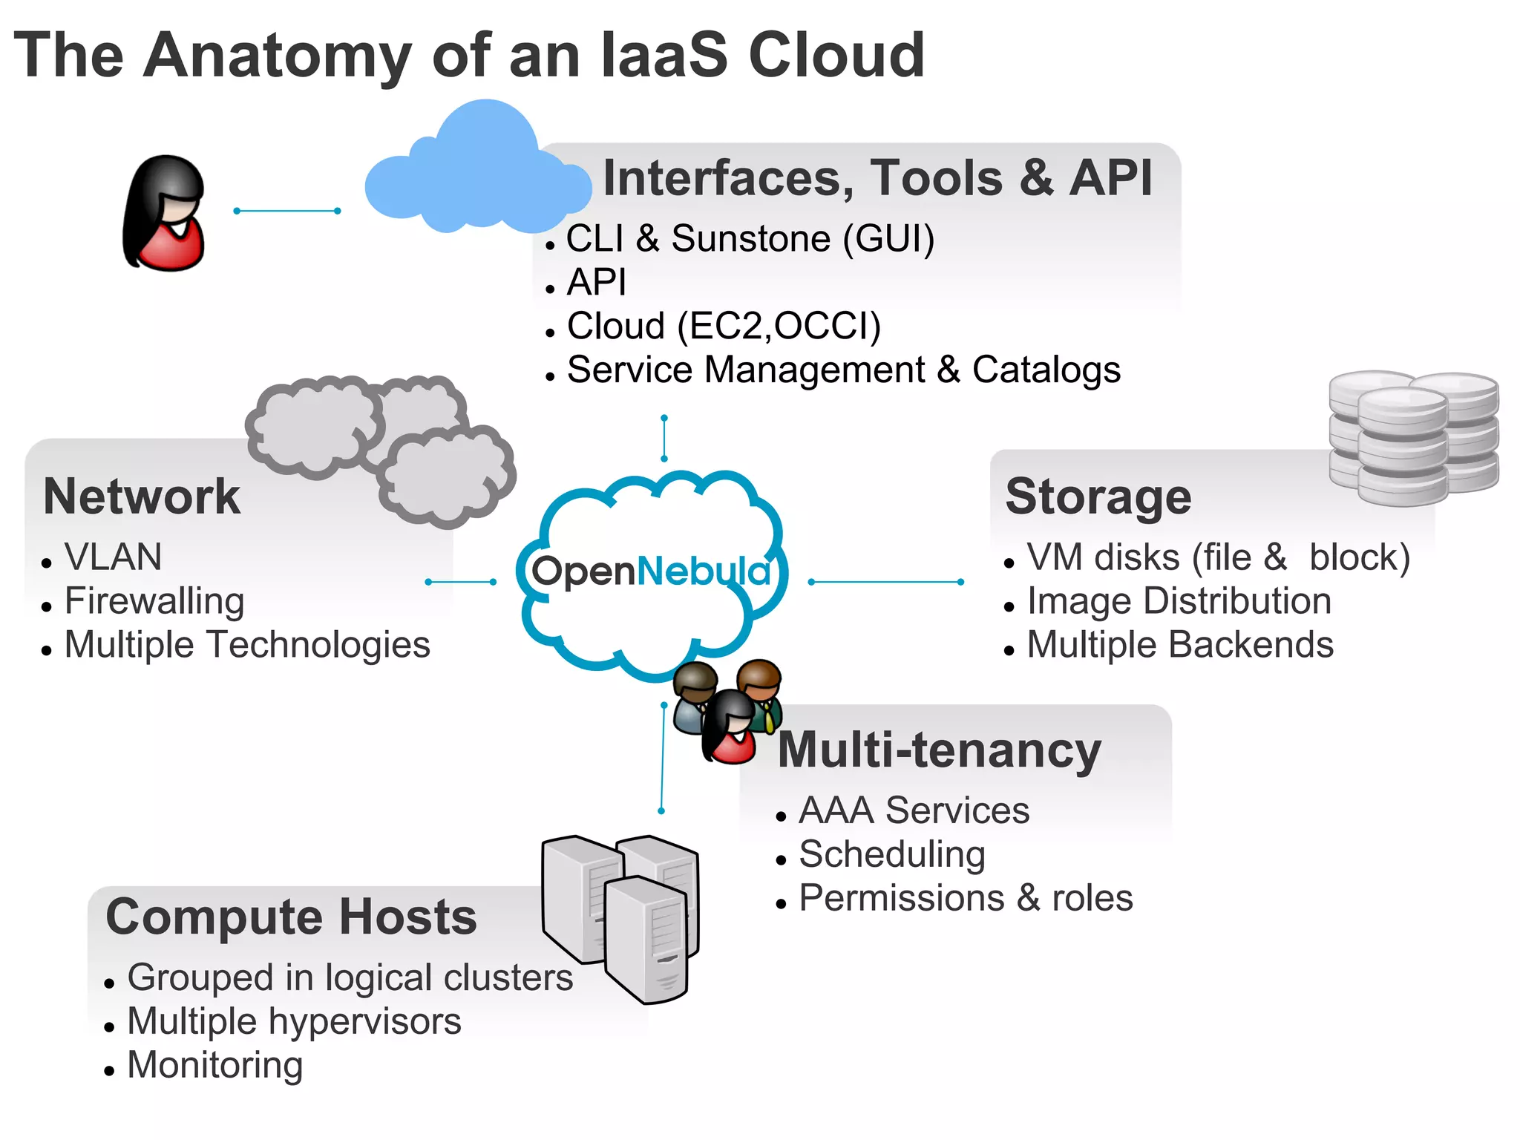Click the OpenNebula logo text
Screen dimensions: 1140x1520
click(651, 571)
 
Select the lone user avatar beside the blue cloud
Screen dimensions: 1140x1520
click(165, 214)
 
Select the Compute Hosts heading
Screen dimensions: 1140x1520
click(291, 917)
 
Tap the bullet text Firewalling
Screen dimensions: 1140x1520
click(154, 601)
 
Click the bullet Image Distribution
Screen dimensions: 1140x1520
click(1179, 601)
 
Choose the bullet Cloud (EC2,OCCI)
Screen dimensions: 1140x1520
click(724, 326)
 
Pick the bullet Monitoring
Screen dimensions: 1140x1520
click(215, 1065)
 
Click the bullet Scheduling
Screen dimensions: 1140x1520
click(891, 854)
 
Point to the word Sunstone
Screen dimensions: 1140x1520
click(750, 239)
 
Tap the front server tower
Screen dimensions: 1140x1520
click(646, 939)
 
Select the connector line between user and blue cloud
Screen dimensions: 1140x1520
click(286, 211)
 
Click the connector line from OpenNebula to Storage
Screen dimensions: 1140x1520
click(885, 582)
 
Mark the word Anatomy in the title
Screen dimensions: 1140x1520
click(278, 56)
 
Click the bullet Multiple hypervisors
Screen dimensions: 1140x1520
click(294, 1021)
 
